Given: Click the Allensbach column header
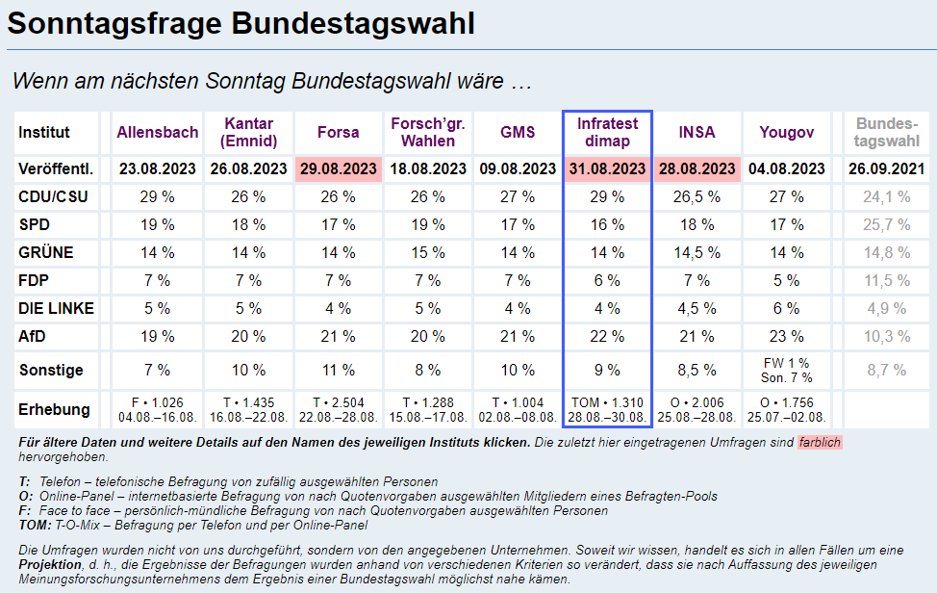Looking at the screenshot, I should coord(158,132).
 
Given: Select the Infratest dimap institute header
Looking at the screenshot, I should coord(608,132).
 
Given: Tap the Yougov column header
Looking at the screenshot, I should coord(786,132).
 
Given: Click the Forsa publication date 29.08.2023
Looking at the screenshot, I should coord(338,168).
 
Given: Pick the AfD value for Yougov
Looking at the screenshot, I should coord(786,336).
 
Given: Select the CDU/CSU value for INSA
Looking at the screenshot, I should coord(696,196).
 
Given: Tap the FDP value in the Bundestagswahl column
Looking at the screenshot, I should coord(887,280).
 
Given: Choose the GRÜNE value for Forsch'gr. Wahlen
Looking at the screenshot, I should coord(428,252).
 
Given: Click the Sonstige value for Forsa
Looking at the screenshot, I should coord(338,370).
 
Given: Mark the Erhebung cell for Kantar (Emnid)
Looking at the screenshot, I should coord(248,409).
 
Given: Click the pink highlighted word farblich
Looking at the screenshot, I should coord(819,443).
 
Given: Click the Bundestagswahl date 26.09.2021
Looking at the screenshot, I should coord(887,168).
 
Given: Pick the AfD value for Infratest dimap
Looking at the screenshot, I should coord(608,336).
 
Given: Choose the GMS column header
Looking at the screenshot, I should coord(518,132).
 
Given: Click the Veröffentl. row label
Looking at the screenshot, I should coord(56,168).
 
